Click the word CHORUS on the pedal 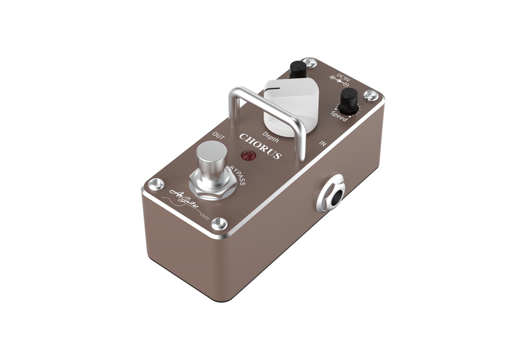260,146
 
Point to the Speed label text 339,115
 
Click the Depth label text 271,137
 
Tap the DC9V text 343,77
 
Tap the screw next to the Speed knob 369,94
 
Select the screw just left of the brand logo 155,183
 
